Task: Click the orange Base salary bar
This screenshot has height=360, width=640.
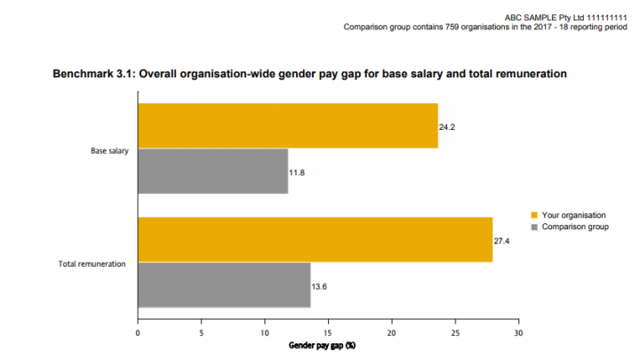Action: tap(287, 125)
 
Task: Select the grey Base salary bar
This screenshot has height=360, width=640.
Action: tap(212, 171)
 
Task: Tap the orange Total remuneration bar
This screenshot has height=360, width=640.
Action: tap(315, 239)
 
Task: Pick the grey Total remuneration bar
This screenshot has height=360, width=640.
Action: tap(224, 284)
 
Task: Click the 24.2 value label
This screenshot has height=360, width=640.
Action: tap(447, 127)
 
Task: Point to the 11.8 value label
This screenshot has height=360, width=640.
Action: tap(298, 172)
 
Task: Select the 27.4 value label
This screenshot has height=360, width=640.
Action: tap(502, 241)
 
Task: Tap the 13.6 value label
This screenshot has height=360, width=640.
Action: tap(320, 285)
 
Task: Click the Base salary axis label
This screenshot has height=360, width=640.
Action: tap(109, 150)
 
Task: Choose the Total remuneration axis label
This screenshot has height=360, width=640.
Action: tap(92, 264)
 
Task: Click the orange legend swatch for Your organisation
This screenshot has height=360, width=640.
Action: tap(533, 215)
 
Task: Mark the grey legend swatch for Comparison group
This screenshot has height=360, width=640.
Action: tap(533, 228)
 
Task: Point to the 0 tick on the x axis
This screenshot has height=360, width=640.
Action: tap(138, 333)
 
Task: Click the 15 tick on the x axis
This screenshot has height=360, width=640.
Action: tap(328, 333)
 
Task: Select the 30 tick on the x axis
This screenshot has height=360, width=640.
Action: tap(518, 333)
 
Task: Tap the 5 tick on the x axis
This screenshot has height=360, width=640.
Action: tap(201, 333)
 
